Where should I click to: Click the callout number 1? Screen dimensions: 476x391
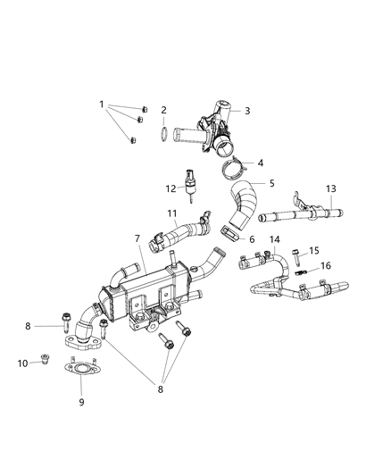point(101,104)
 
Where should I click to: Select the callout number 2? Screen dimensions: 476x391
point(164,111)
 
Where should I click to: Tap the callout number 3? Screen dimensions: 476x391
point(247,111)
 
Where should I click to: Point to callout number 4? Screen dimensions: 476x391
point(261,163)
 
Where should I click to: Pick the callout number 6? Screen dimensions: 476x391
point(252,239)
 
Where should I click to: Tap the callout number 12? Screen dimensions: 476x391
point(170,188)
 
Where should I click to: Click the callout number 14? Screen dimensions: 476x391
point(275,240)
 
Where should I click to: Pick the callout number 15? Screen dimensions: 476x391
point(313,251)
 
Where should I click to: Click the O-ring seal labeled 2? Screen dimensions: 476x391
point(164,136)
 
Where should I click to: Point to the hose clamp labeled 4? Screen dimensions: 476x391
point(234,165)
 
